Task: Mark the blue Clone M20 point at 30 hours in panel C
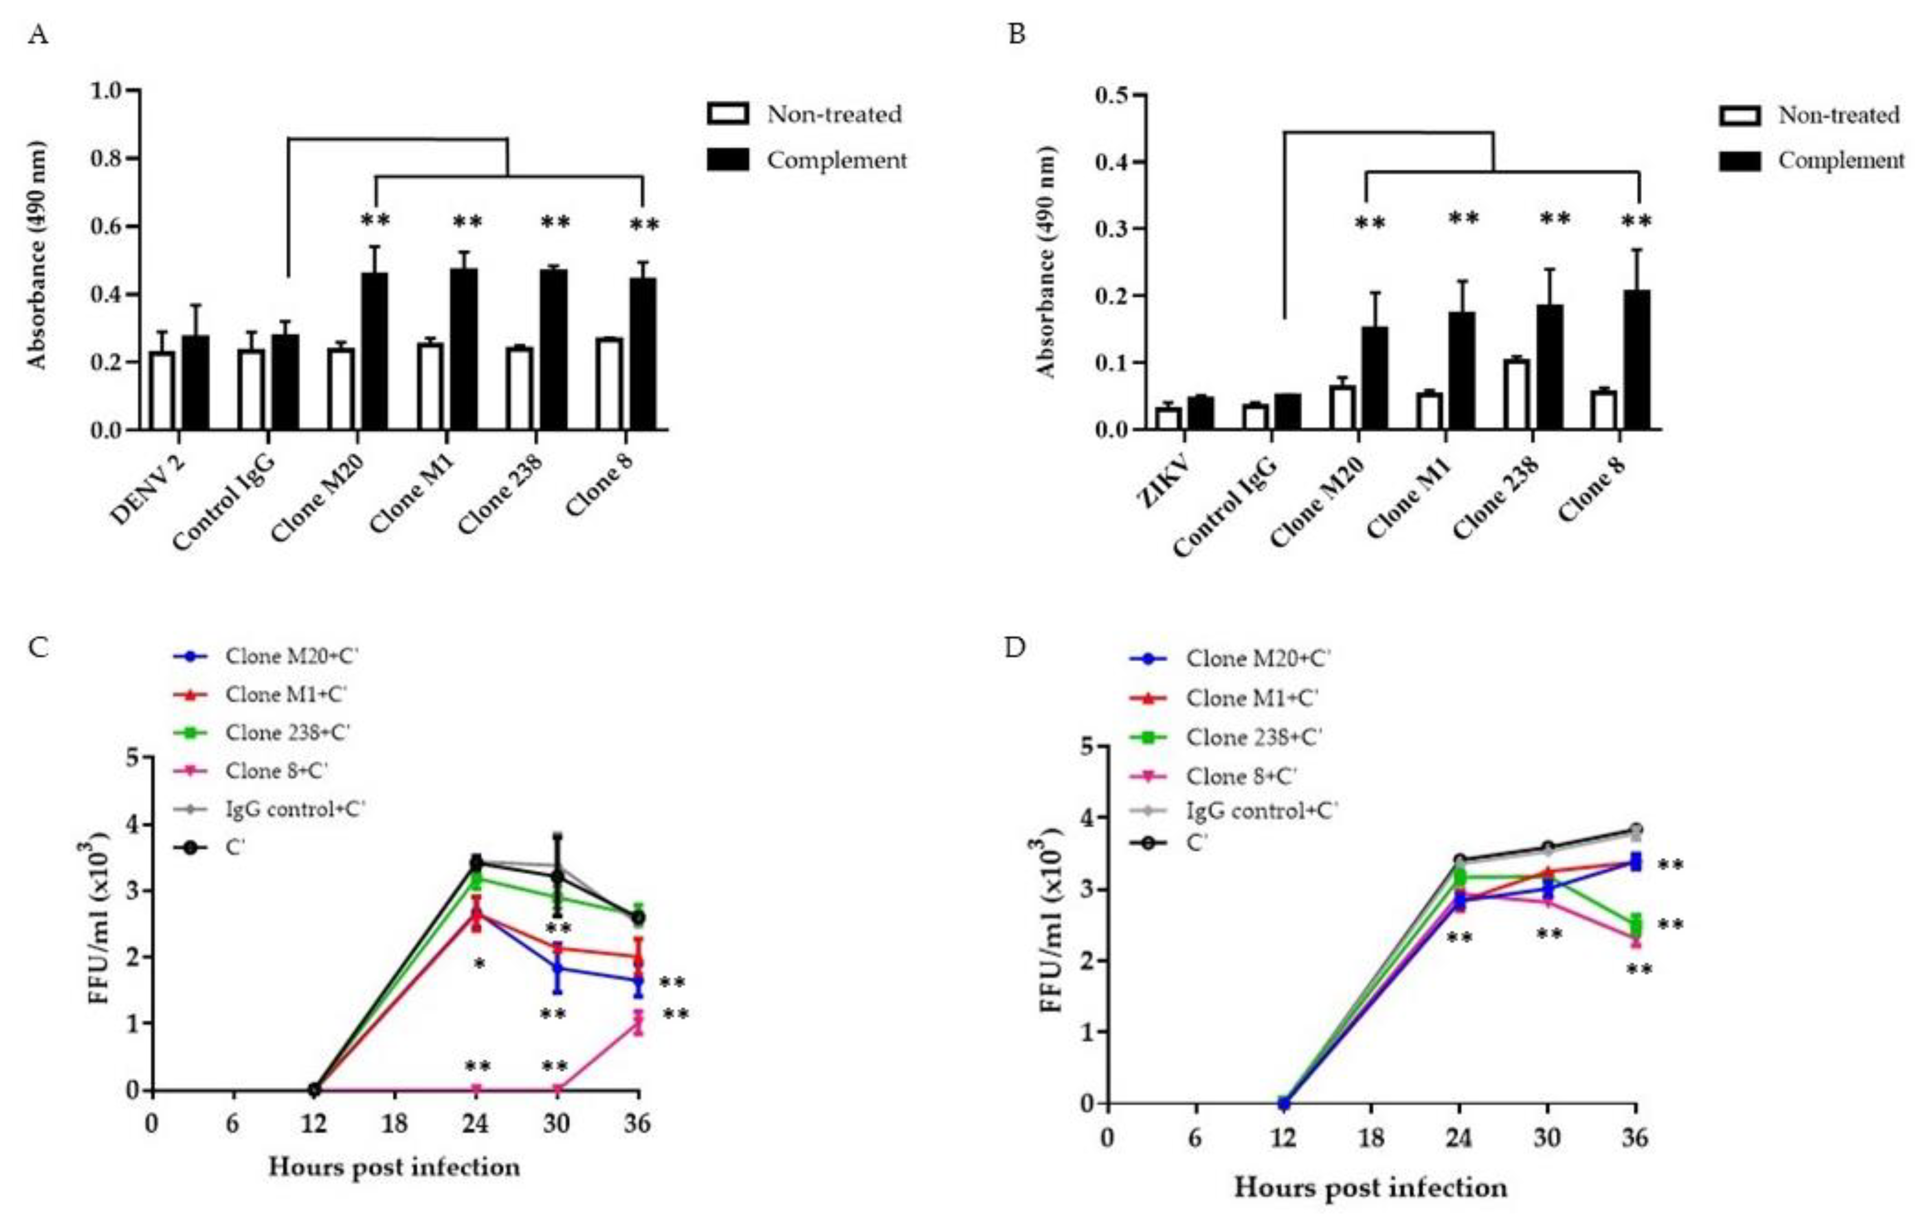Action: tap(557, 968)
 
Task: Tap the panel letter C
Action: tap(38, 646)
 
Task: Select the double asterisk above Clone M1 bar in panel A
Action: tap(467, 221)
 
